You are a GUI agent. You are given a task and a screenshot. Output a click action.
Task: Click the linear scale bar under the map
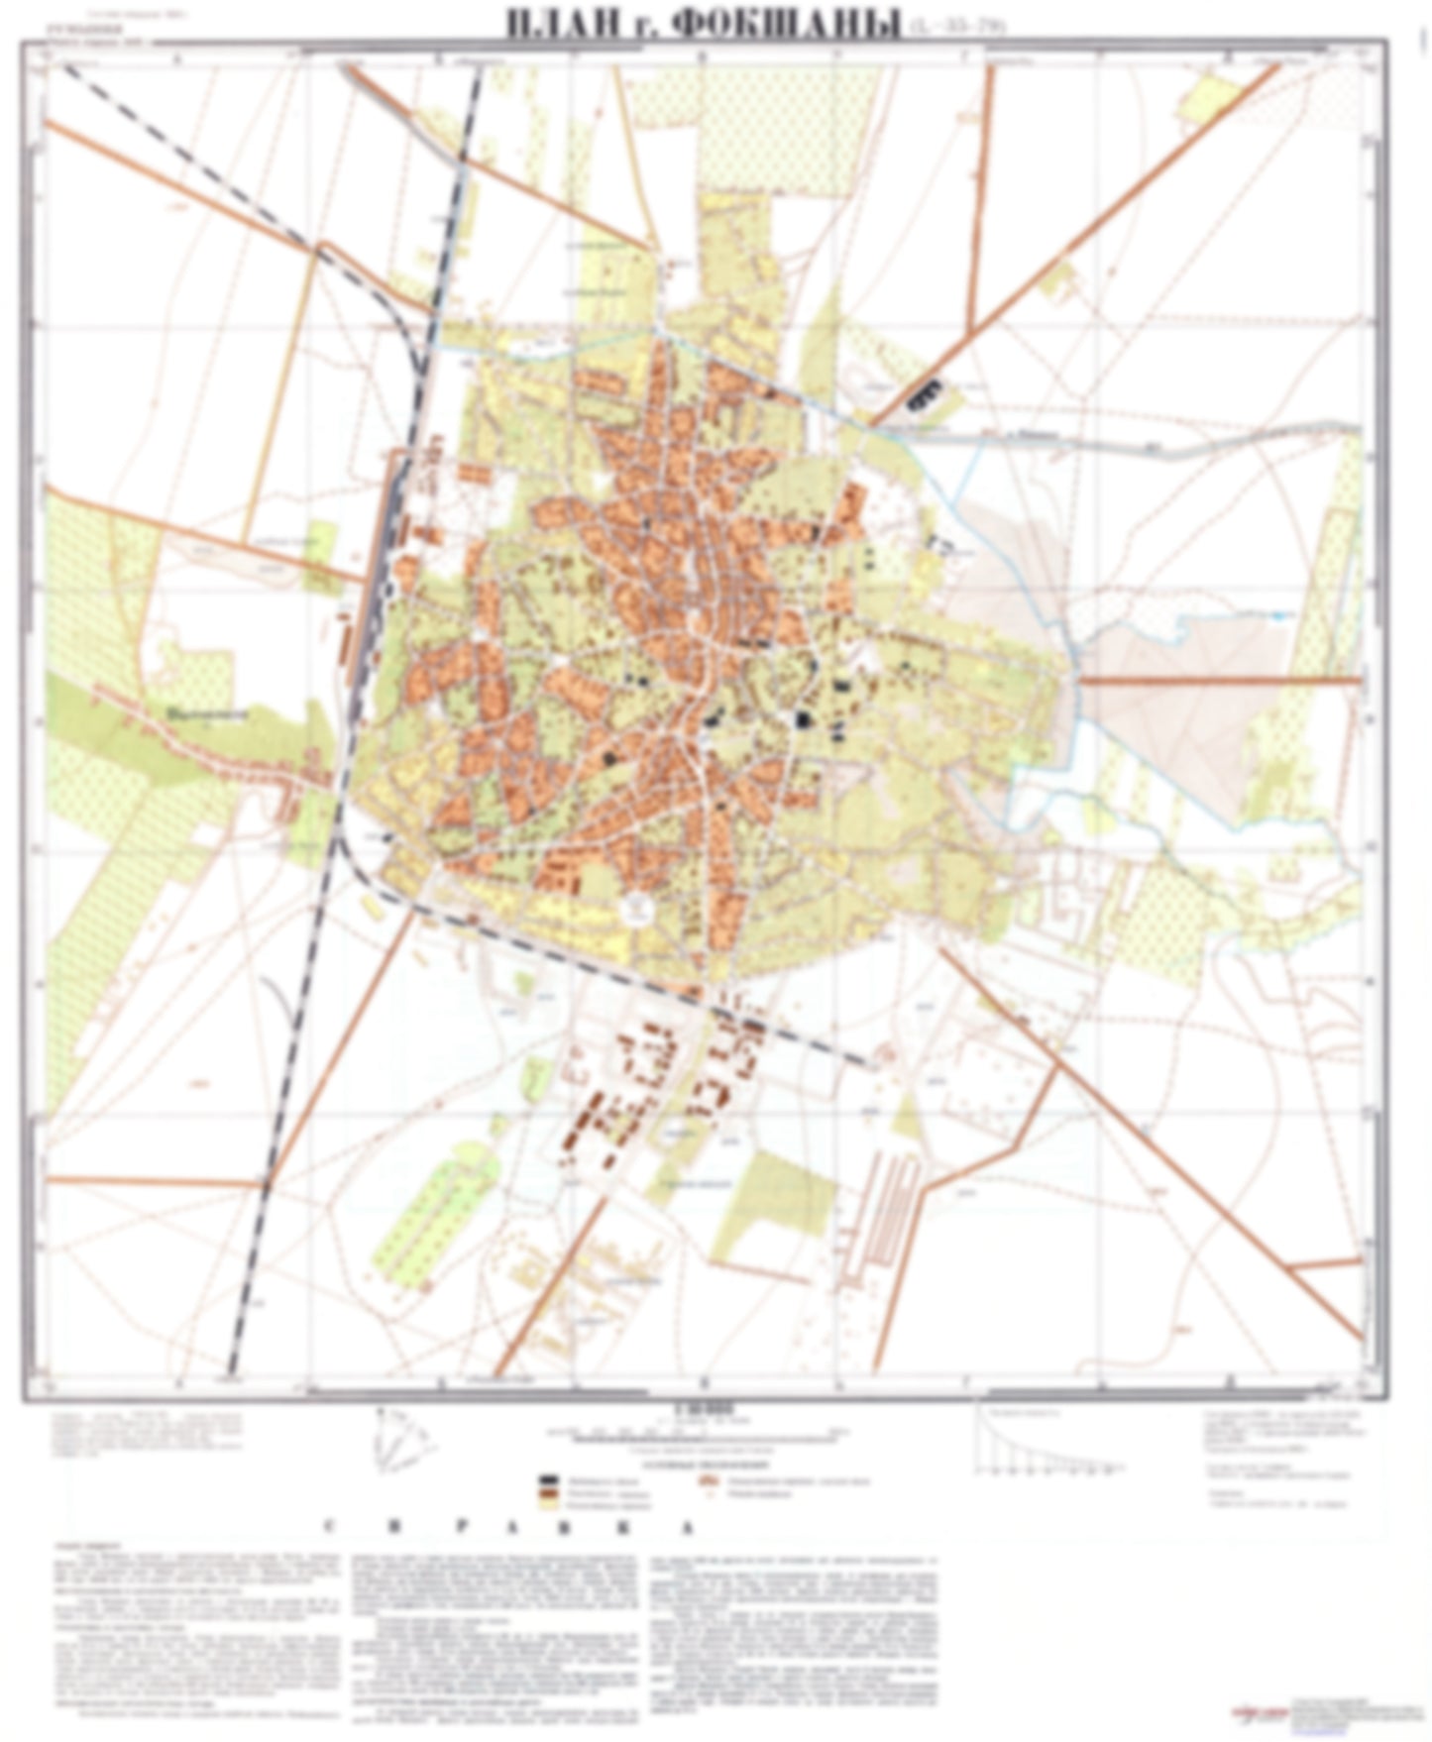[694, 1430]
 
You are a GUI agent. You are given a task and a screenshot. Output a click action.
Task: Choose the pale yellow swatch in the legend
[546, 1503]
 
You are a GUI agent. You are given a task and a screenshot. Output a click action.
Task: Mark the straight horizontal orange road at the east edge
[1219, 681]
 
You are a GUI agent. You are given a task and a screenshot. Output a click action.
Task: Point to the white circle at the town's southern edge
[636, 904]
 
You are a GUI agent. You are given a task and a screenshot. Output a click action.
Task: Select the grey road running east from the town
[1140, 440]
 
